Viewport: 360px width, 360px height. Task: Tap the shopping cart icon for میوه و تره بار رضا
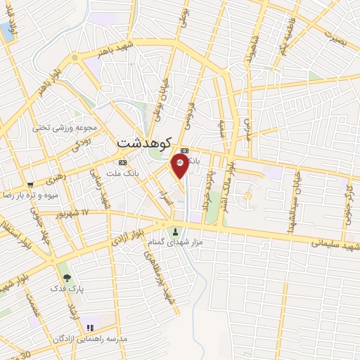point(30,182)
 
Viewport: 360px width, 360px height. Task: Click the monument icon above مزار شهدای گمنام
point(175,231)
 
